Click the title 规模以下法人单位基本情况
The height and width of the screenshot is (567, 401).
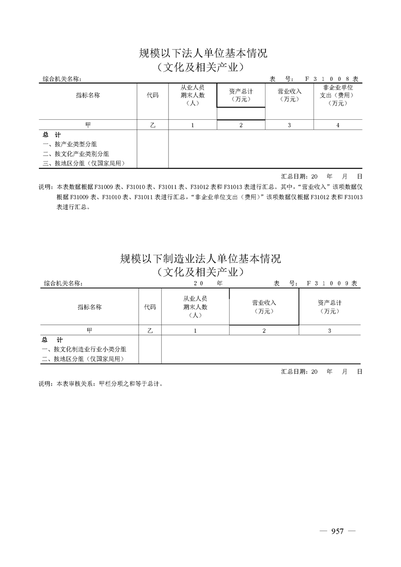pos(203,53)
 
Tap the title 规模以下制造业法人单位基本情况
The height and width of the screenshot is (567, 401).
pos(200,259)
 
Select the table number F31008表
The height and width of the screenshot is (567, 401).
pos(331,79)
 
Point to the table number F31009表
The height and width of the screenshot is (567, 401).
pos(332,283)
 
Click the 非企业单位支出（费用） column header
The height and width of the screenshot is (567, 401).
pos(338,95)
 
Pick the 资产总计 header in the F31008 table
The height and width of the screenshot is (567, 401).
pos(241,95)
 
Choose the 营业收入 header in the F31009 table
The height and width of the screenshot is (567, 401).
pos(264,307)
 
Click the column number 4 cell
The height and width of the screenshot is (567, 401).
pos(338,125)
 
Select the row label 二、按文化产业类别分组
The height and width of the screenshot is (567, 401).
pos(75,154)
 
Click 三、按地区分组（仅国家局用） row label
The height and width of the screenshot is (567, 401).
pos(83,163)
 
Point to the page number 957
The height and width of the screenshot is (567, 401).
pos(337,531)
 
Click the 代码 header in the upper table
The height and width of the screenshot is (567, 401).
pos(152,95)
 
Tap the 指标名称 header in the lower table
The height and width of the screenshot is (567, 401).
pos(90,307)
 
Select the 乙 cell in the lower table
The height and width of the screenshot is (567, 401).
pos(150,330)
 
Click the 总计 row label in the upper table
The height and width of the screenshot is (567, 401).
pos(52,135)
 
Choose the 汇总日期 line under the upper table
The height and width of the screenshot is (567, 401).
pos(322,177)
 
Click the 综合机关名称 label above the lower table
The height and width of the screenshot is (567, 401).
pos(63,283)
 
